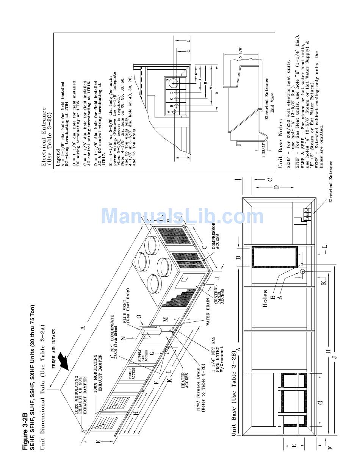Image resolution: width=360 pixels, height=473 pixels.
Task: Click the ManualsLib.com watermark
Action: coord(183,216)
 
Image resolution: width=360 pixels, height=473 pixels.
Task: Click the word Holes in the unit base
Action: coord(265,299)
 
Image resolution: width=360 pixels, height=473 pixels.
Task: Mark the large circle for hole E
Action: coord(174,83)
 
